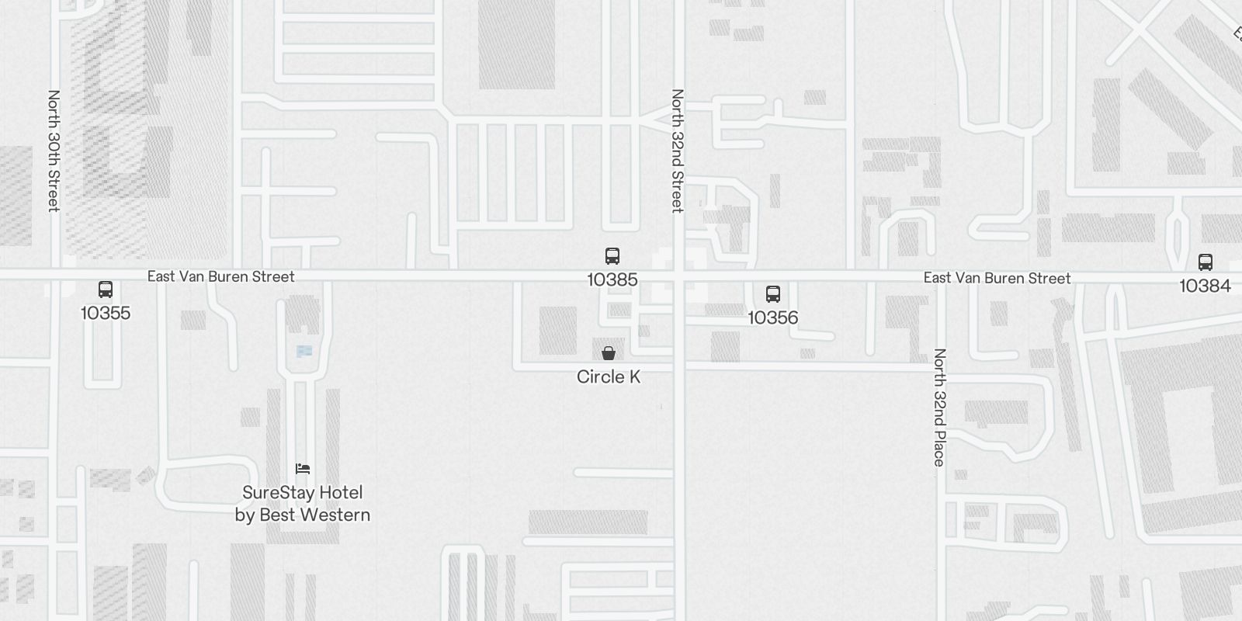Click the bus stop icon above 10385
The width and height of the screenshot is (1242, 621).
612,256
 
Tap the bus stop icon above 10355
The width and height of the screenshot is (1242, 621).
106,290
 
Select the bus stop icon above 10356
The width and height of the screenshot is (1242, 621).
773,294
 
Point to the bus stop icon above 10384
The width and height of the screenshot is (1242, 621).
1206,262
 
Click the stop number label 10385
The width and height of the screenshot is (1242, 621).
612,279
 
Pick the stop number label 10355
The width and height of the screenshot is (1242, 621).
106,313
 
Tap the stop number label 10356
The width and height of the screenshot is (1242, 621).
773,317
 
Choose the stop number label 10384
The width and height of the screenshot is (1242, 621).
1206,286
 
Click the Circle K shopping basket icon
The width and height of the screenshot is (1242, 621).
609,353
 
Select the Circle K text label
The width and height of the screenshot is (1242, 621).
609,377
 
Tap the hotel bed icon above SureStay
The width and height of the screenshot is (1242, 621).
303,469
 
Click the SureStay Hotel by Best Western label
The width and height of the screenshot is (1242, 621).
303,504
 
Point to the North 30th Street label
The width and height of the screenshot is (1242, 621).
54,151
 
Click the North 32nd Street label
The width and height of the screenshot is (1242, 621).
678,151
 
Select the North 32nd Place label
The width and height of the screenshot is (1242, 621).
939,408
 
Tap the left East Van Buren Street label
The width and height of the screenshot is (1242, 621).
221,276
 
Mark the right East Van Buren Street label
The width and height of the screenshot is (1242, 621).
997,278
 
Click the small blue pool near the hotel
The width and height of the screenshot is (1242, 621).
304,352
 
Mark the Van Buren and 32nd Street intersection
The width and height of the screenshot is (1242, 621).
679,276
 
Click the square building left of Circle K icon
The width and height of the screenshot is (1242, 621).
558,331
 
